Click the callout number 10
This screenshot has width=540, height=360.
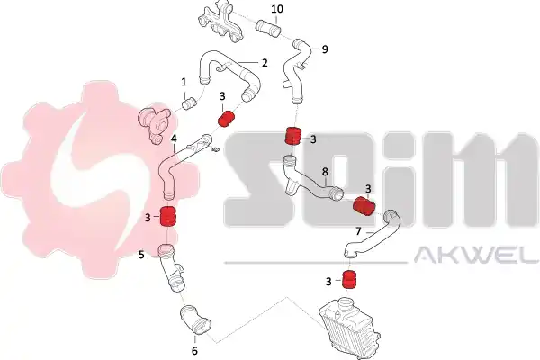277,9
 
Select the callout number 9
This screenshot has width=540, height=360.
325,49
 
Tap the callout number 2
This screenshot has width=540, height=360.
265,63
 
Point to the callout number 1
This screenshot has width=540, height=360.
184,82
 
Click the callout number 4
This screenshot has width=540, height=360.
174,139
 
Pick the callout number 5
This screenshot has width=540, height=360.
141,256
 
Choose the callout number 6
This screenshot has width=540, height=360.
194,351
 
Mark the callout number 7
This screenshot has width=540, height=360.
358,231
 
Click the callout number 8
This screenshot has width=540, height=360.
325,171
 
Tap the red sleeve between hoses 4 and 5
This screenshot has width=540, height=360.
168,217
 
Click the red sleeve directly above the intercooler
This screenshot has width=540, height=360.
349,279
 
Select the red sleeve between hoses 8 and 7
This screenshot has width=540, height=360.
364,206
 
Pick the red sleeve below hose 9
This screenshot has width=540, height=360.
293,135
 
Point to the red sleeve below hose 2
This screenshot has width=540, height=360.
226,119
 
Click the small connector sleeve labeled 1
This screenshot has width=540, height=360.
189,103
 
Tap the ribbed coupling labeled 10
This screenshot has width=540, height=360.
268,28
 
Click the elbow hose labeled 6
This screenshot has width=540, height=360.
194,319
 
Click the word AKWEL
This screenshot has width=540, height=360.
476,256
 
